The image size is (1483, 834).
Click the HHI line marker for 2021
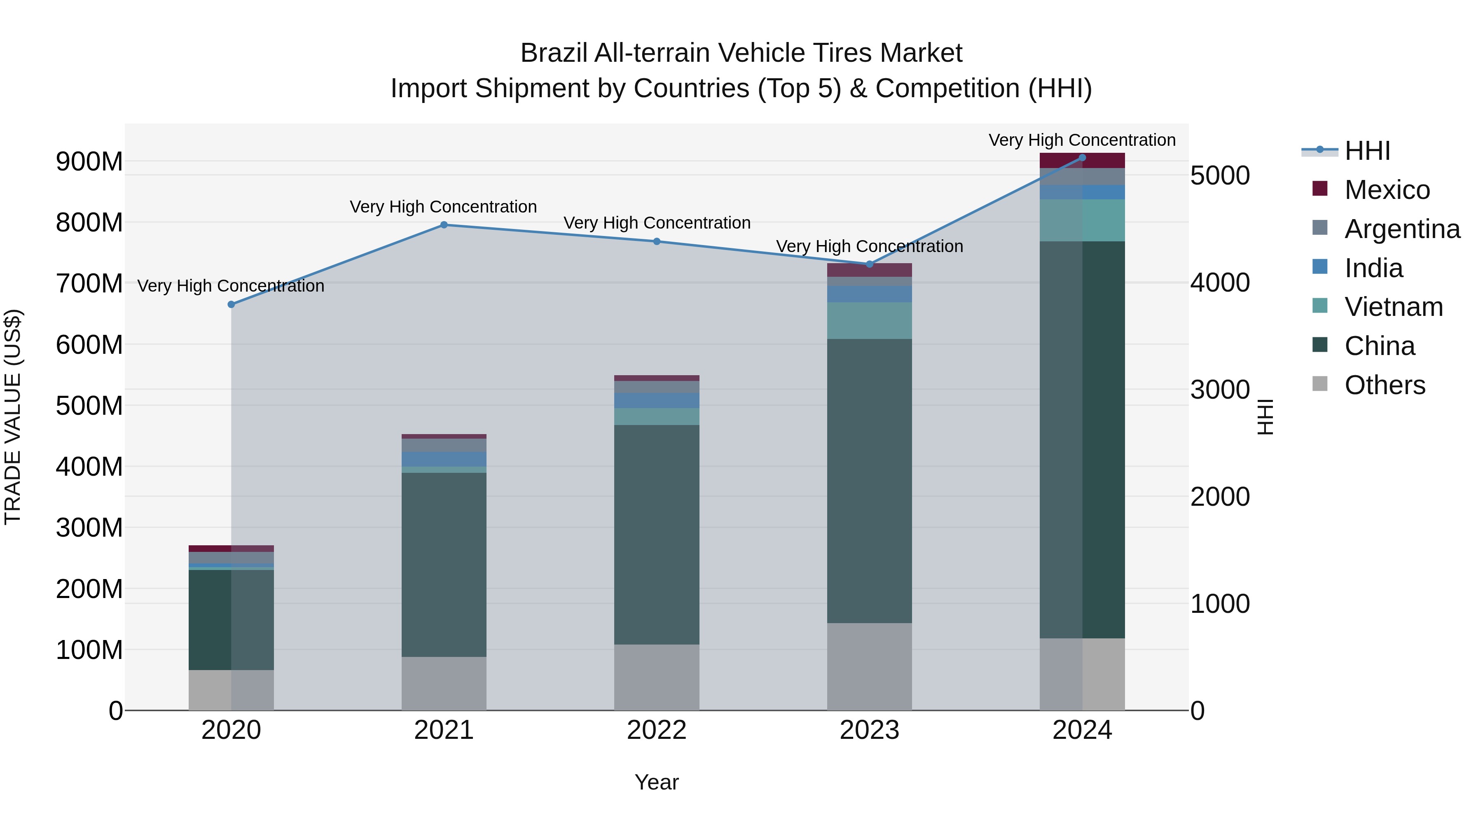[444, 225]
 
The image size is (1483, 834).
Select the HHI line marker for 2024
[1082, 158]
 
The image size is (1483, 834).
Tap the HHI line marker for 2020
[232, 304]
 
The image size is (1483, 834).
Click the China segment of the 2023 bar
[869, 481]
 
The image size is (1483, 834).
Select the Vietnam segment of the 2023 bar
[869, 320]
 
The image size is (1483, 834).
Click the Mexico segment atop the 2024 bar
[1082, 161]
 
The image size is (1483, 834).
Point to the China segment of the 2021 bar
[444, 564]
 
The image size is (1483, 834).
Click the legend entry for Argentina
[1402, 229]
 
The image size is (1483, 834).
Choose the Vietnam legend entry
[1393, 307]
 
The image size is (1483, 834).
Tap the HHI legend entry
[1367, 151]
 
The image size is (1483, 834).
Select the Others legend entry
[1385, 385]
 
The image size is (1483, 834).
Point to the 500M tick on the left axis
[89, 406]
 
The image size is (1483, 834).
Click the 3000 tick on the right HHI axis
[1219, 390]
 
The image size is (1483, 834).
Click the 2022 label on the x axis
[656, 730]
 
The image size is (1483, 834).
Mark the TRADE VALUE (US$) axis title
[13, 417]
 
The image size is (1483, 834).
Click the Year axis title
[656, 782]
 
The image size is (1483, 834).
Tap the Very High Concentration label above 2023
[869, 246]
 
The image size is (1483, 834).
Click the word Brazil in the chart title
[553, 53]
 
